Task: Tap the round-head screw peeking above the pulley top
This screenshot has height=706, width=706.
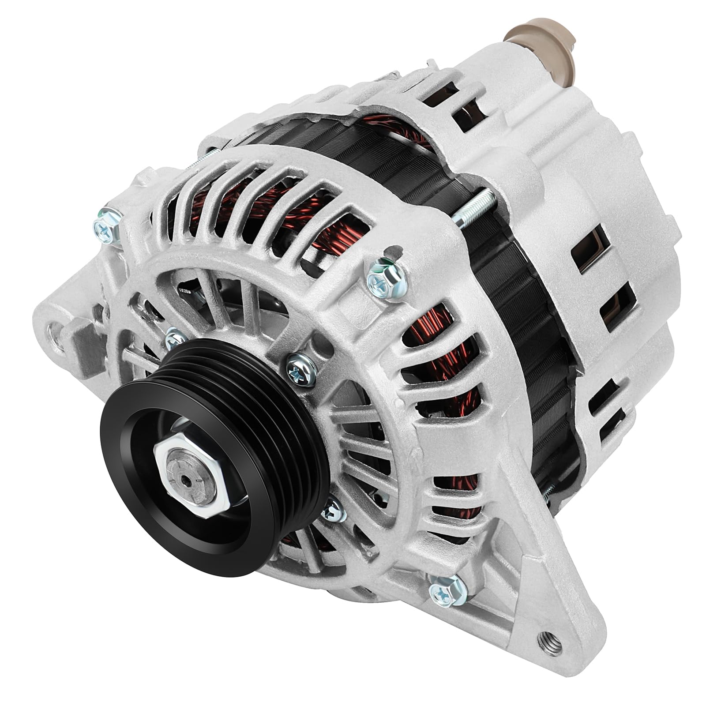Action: [174, 340]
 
